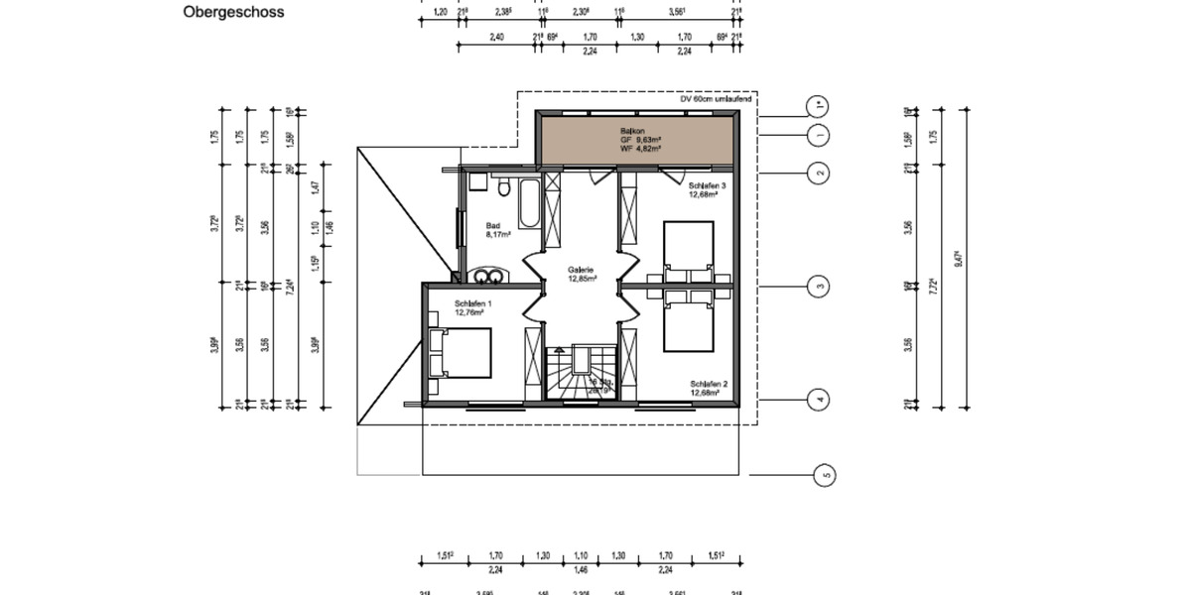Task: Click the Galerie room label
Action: (x=582, y=275)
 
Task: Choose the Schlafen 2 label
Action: (x=710, y=388)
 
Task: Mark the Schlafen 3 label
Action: (x=709, y=189)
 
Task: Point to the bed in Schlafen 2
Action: (x=689, y=322)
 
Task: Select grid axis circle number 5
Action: (x=825, y=476)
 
